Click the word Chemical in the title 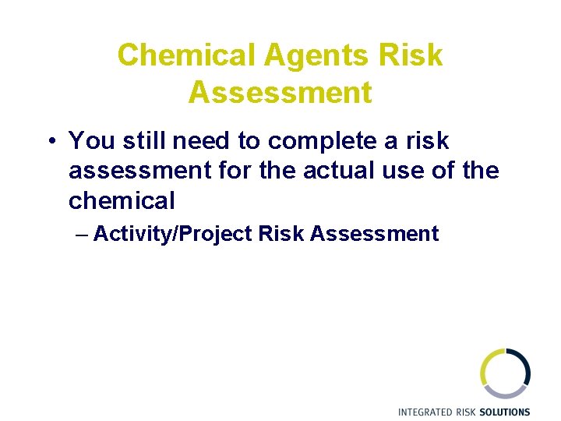coord(186,55)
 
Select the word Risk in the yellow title coord(411,55)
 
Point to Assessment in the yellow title coord(280,92)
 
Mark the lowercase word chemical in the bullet coord(122,200)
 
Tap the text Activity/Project coord(173,233)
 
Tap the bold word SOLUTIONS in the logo coord(504,412)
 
